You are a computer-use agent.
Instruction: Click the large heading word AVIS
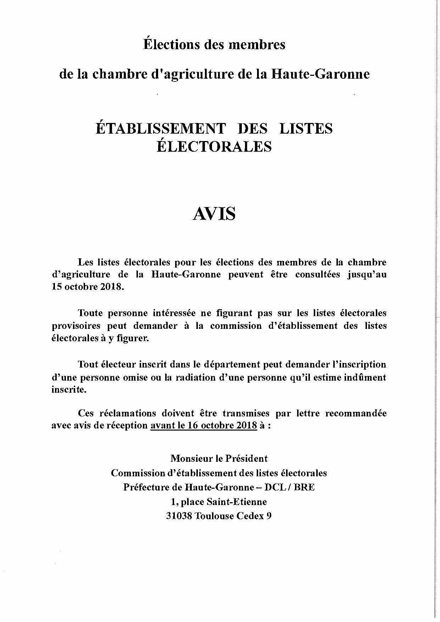[214, 214]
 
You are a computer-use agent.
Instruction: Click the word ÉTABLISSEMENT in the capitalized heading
[161, 128]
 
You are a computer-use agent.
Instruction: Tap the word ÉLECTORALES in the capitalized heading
[214, 146]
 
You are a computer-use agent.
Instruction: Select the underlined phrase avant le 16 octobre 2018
[204, 425]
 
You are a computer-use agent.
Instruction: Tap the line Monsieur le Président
[219, 458]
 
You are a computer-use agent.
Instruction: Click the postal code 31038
[179, 516]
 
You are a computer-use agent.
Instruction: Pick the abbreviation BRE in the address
[304, 487]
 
